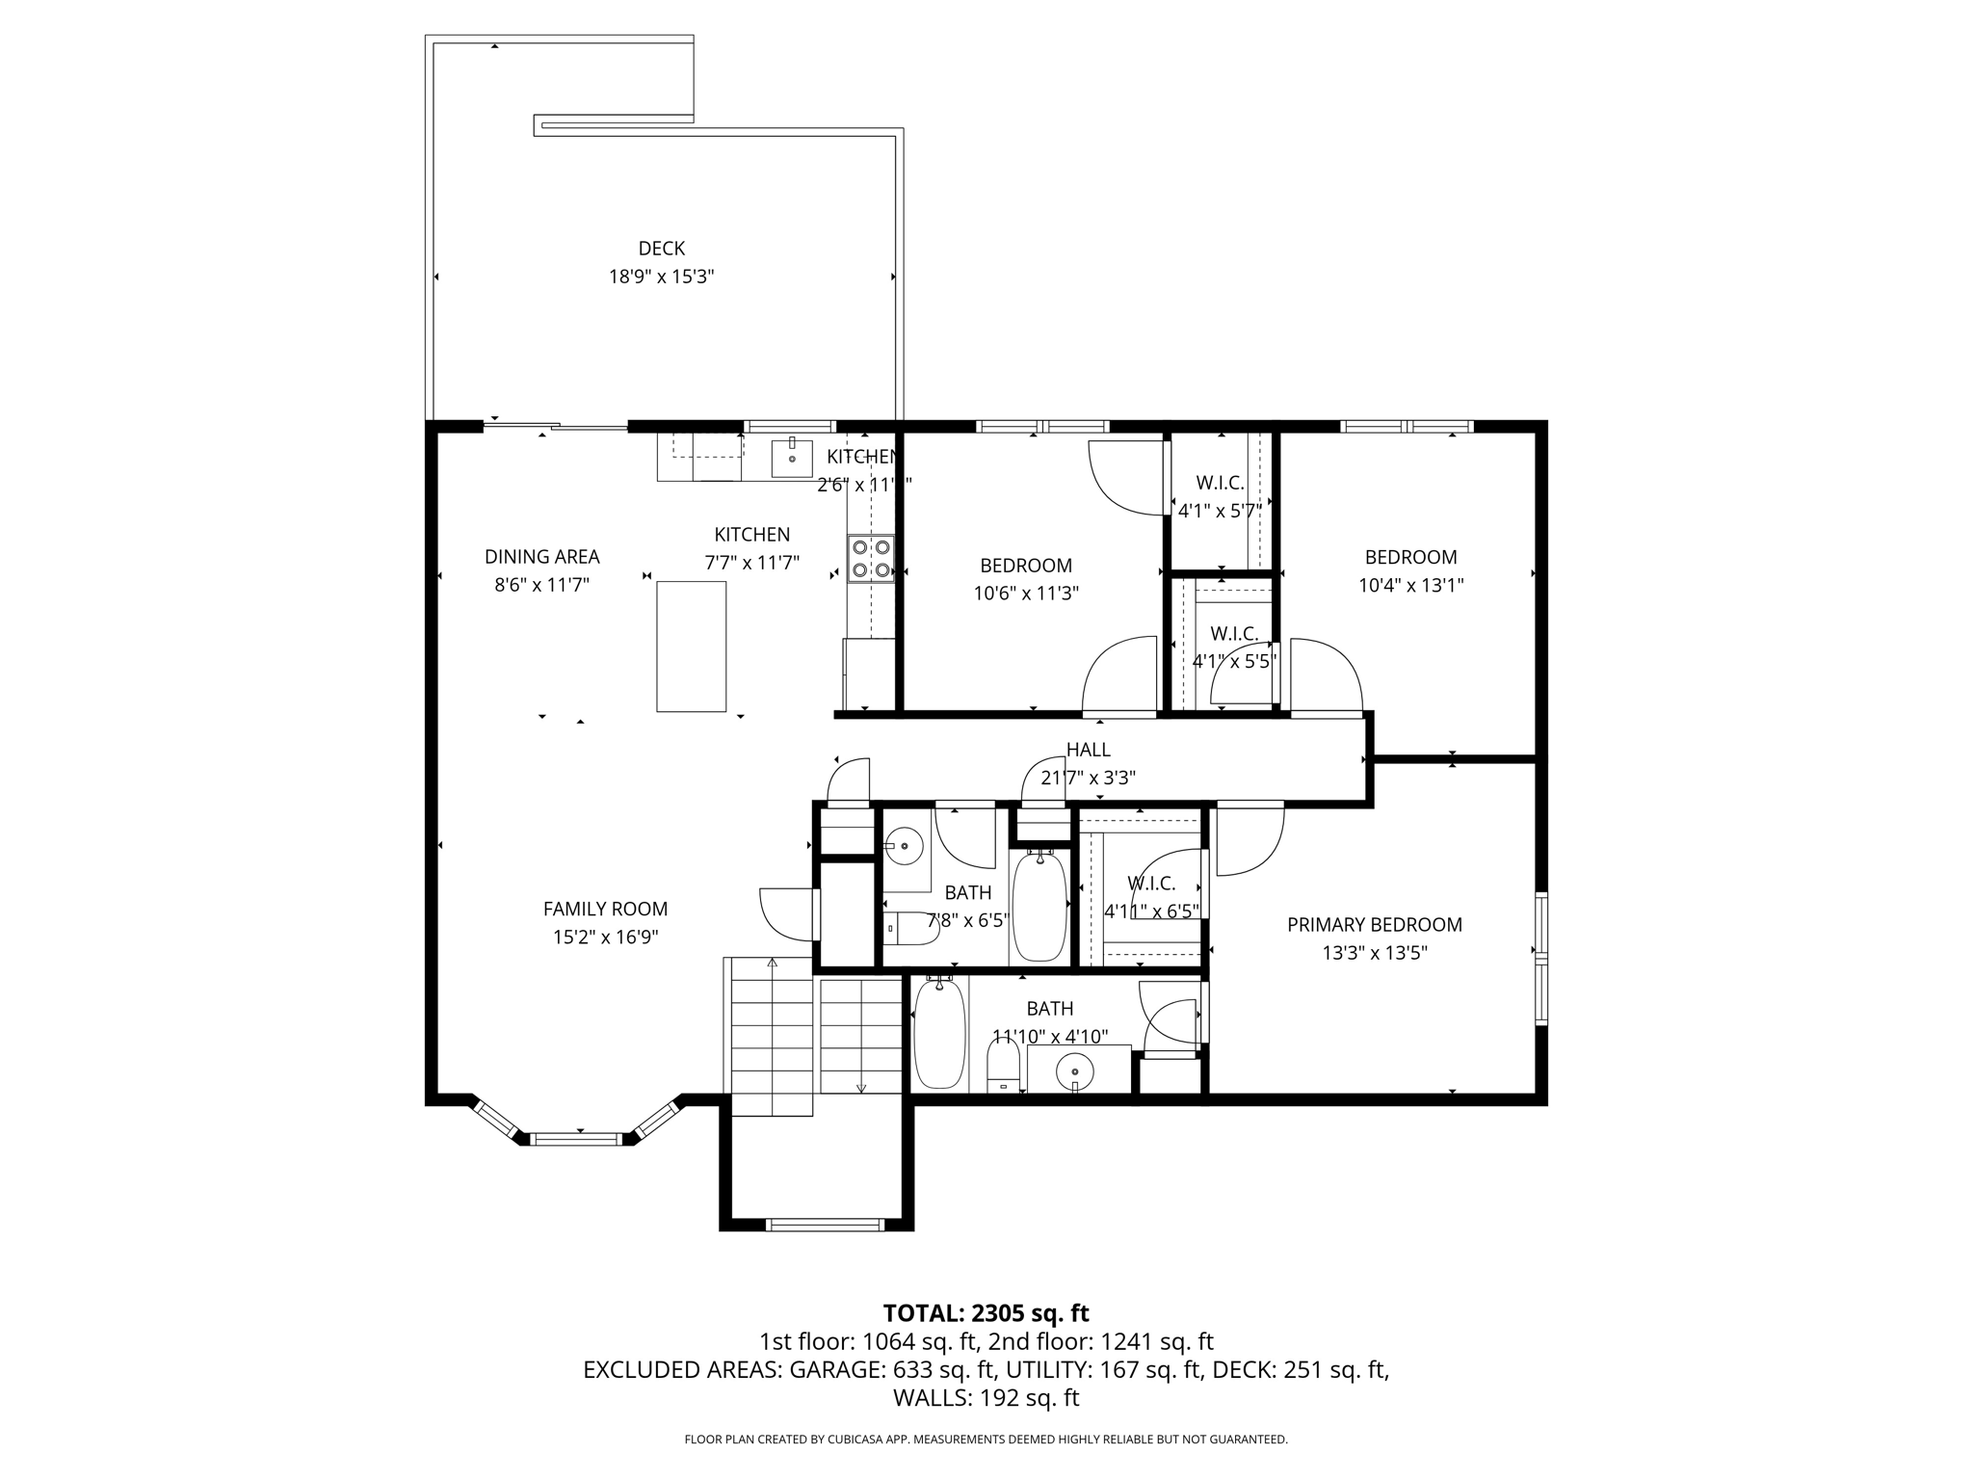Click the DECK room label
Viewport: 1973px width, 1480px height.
click(661, 249)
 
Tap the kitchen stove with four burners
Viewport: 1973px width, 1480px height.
click(871, 559)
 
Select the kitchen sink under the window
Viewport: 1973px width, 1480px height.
click(792, 458)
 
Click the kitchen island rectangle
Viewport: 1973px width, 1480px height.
click(691, 647)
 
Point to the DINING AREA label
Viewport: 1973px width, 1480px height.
click(541, 557)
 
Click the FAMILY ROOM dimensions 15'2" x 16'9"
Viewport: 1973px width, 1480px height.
click(605, 937)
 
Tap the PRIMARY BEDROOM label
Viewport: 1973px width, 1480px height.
click(1374, 925)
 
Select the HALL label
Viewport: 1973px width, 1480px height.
click(1088, 750)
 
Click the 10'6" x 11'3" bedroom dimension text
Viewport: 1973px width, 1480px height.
click(1025, 594)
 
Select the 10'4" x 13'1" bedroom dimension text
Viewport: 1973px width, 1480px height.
click(1410, 585)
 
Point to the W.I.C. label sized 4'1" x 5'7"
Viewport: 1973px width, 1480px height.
click(1220, 483)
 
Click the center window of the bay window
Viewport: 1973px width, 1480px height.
click(575, 1139)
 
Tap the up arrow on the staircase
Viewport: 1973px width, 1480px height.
click(772, 962)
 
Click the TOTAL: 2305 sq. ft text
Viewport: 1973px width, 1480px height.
click(986, 1312)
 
